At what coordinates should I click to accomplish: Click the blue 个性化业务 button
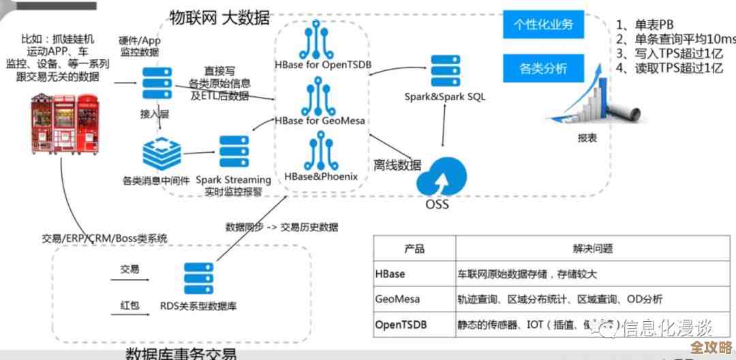click(x=543, y=25)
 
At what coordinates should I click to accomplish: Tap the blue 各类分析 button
click(x=543, y=68)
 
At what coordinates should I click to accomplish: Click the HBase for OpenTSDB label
click(x=324, y=65)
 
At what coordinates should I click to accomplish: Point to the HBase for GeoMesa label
click(x=320, y=121)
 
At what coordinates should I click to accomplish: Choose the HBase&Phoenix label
click(x=321, y=177)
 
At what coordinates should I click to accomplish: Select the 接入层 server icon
click(x=155, y=84)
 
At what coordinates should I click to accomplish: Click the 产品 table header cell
click(x=414, y=249)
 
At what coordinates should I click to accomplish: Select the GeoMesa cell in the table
click(x=397, y=299)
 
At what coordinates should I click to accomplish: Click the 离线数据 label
click(x=397, y=165)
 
